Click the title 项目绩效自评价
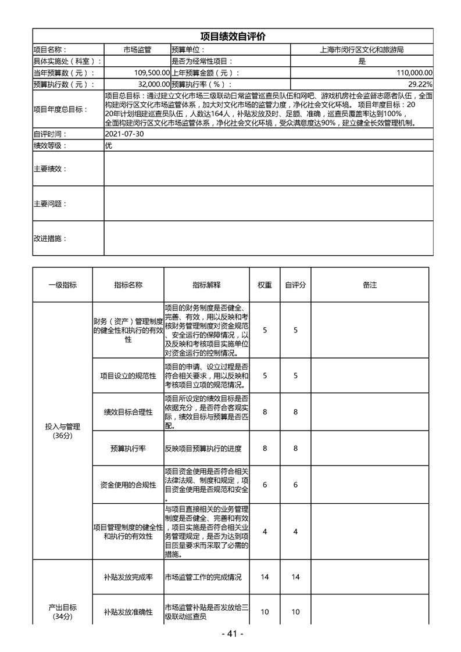coord(233,37)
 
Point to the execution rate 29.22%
coord(420,84)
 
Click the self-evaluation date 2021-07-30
coord(124,134)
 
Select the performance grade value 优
coord(109,145)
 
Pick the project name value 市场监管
coord(137,50)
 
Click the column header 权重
coord(265,285)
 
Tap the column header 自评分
coord(295,285)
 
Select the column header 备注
coord(370,285)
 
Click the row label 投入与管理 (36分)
coord(62,431)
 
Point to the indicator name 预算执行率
coord(128,448)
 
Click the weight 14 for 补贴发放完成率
coord(265,577)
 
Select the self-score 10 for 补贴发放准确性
coord(295,612)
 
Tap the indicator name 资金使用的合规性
coord(128,485)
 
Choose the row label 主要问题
coord(50,204)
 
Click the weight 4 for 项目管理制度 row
coord(265,531)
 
